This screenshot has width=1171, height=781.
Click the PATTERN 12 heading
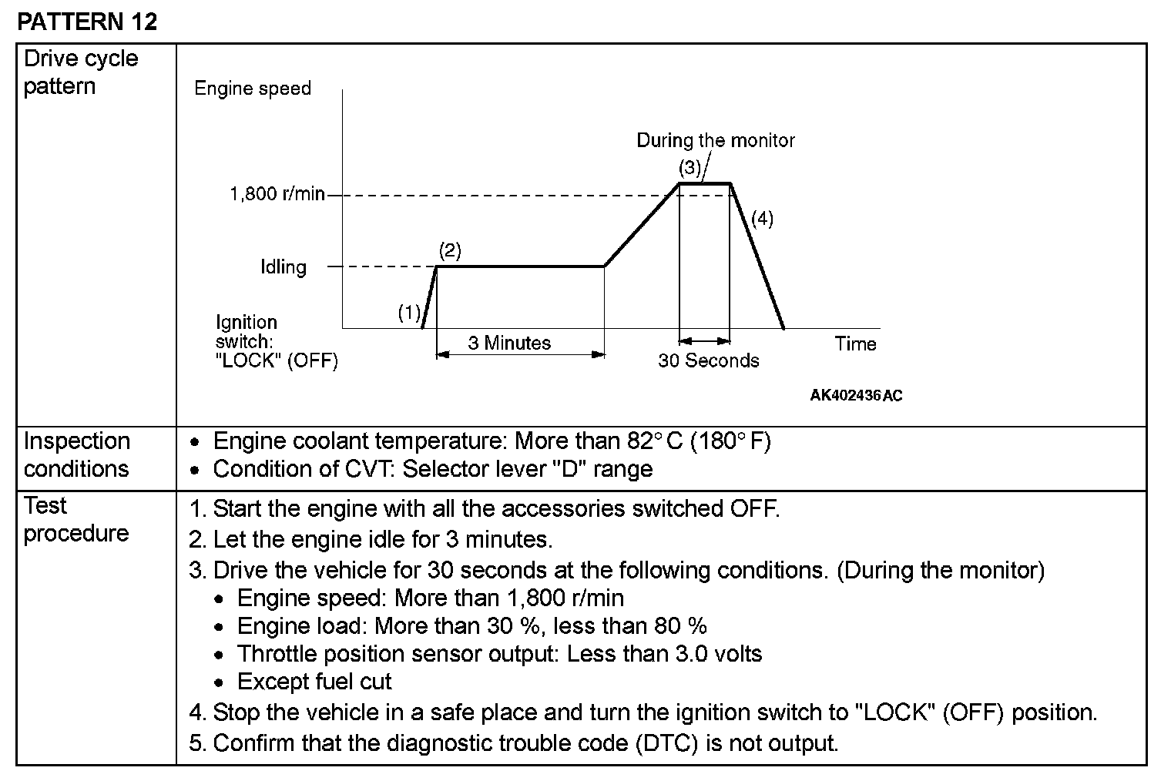pyautogui.click(x=86, y=22)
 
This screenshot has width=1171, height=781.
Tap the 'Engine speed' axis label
pyautogui.click(x=253, y=89)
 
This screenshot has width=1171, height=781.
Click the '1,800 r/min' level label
pyautogui.click(x=277, y=193)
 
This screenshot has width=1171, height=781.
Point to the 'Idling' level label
pyautogui.click(x=284, y=267)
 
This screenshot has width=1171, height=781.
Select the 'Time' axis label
pyautogui.click(x=855, y=344)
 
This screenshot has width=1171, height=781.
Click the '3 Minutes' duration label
pyautogui.click(x=509, y=343)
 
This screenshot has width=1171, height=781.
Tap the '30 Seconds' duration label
pyautogui.click(x=708, y=360)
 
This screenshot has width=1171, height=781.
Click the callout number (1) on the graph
pyautogui.click(x=409, y=313)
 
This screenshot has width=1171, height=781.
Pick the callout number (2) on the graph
pyautogui.click(x=450, y=250)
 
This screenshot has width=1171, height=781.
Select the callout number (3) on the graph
pyautogui.click(x=690, y=167)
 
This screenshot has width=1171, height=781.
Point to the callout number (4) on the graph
pyautogui.click(x=762, y=219)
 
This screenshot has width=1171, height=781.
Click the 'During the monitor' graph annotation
pyautogui.click(x=715, y=140)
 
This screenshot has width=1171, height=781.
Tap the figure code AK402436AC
pyautogui.click(x=856, y=396)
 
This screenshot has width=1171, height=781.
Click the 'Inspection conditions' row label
pyautogui.click(x=76, y=454)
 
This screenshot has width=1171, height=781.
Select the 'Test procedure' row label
pyautogui.click(x=75, y=519)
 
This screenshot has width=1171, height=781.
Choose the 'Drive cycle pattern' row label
pyautogui.click(x=81, y=72)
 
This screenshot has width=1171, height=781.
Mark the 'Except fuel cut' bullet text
pyautogui.click(x=314, y=682)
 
